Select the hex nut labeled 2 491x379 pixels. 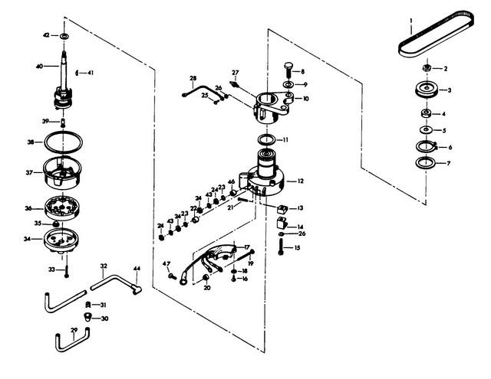pos(426,68)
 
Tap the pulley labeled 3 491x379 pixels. pos(426,90)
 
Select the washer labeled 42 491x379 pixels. pos(65,36)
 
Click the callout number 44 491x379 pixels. pos(137,269)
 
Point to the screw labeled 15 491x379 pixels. pos(281,247)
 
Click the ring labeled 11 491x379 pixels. pos(267,139)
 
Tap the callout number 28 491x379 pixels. pos(193,78)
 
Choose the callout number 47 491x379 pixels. pos(166,263)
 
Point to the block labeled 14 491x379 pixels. pos(282,223)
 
